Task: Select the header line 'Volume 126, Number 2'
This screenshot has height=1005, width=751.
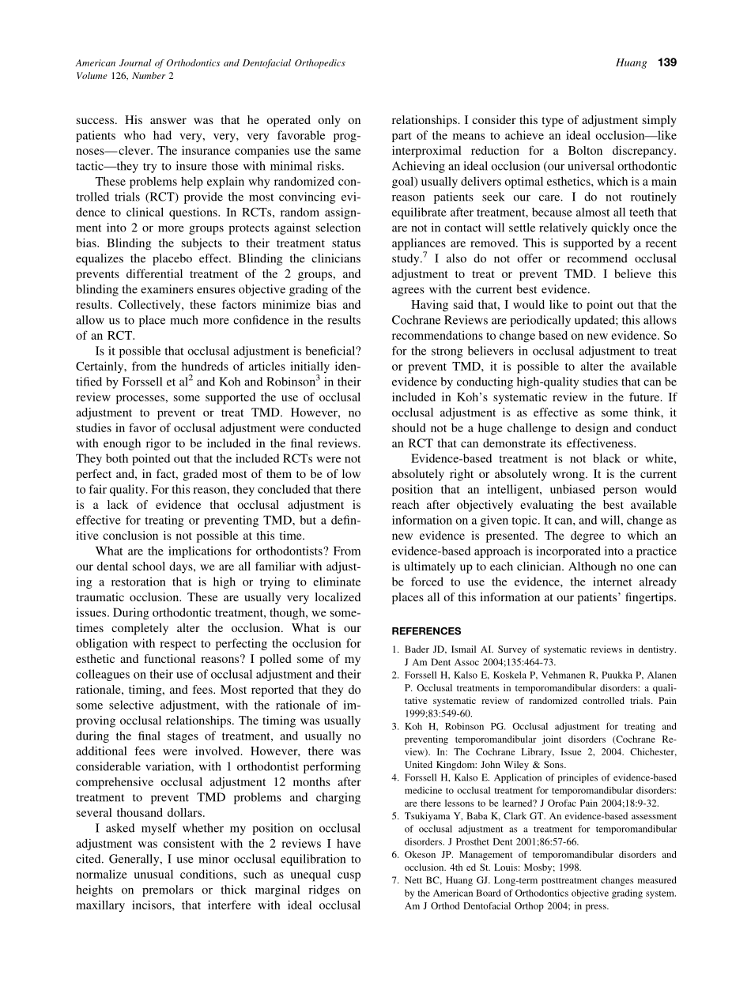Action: pyautogui.click(x=124, y=76)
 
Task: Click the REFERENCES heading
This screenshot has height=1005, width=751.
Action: pyautogui.click(x=427, y=631)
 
